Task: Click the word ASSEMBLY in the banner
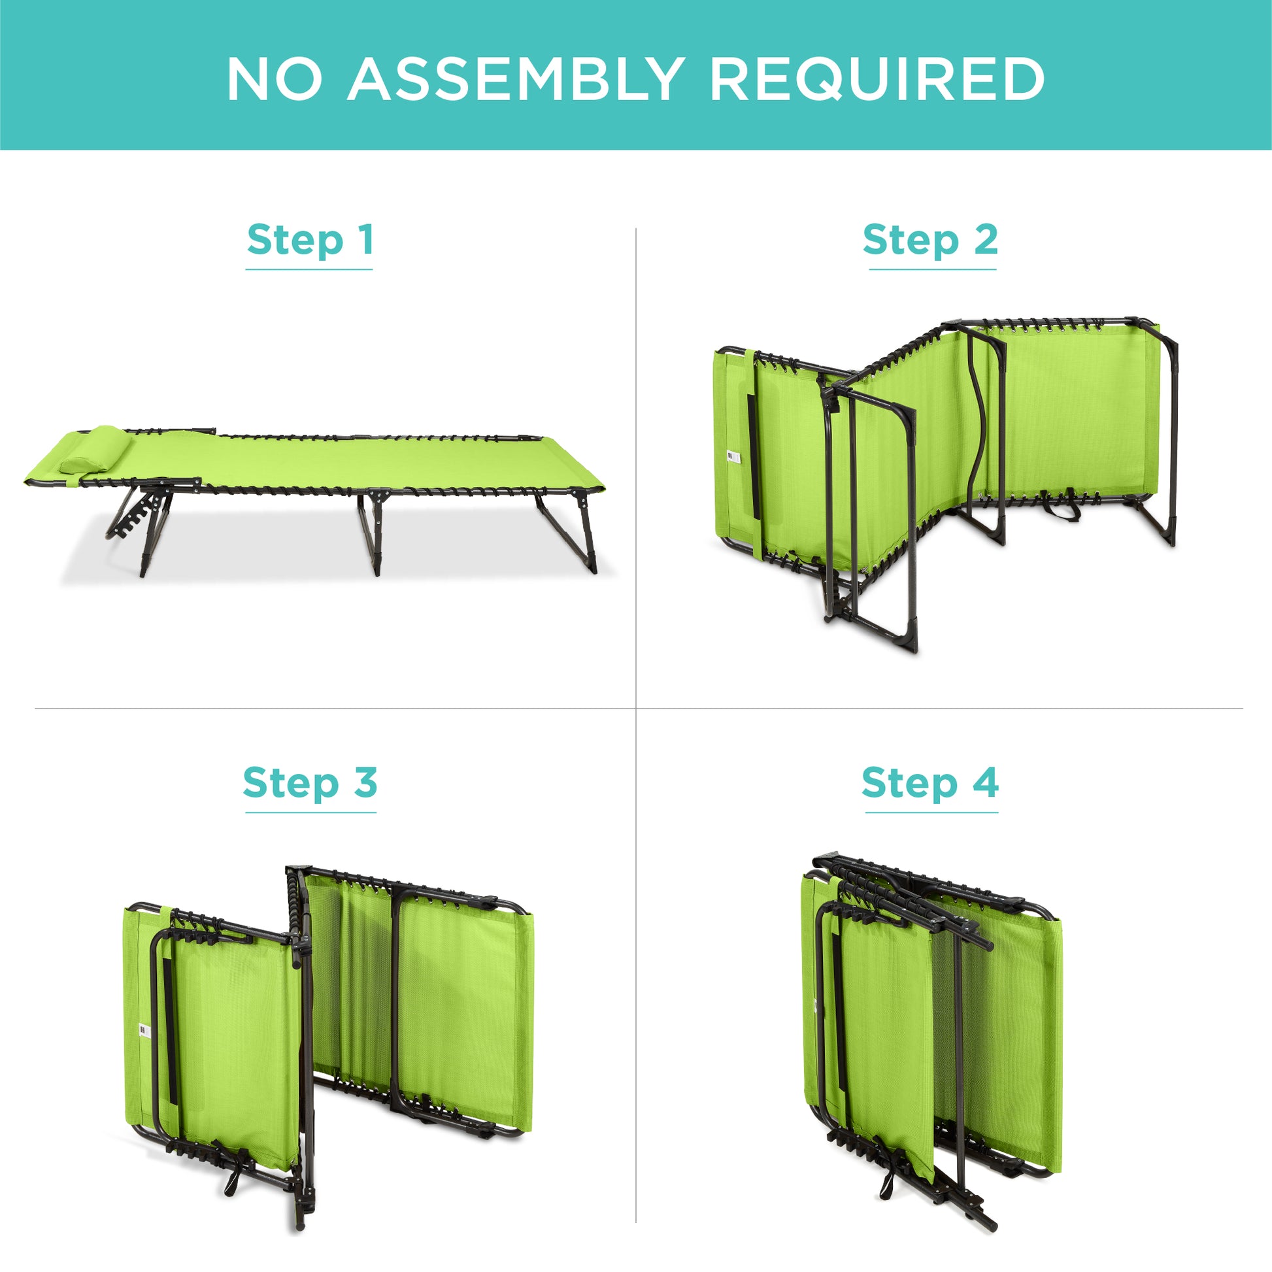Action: [x=516, y=79]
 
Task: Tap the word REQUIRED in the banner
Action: [x=877, y=79]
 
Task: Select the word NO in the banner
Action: [x=275, y=79]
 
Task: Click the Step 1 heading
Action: [x=310, y=240]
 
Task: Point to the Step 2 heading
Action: [x=930, y=240]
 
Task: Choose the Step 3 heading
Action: [x=310, y=783]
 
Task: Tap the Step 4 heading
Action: [x=930, y=783]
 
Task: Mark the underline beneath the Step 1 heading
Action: [x=309, y=269]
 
